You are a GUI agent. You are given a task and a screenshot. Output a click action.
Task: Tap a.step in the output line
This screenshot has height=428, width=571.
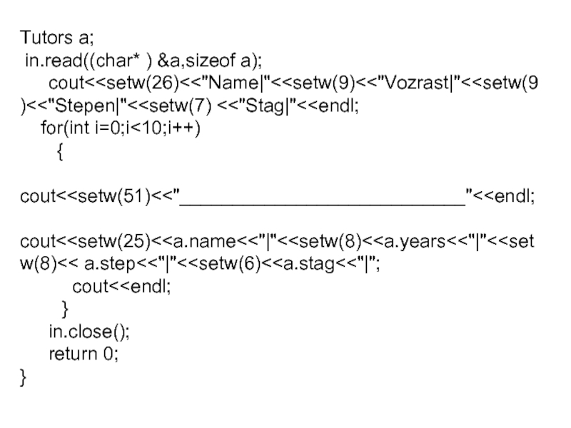click(111, 264)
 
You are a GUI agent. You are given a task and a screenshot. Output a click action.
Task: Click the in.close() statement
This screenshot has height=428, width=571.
click(90, 332)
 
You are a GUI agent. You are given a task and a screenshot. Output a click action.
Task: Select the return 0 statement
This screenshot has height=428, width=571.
click(83, 354)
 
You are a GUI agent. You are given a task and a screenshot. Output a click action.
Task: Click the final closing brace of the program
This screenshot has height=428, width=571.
click(24, 377)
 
